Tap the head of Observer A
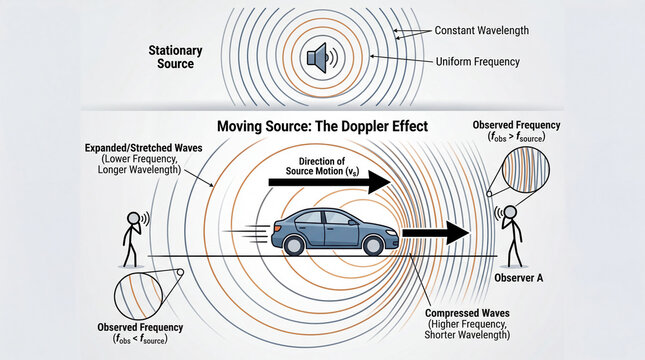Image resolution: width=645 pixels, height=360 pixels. (x=511, y=212)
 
